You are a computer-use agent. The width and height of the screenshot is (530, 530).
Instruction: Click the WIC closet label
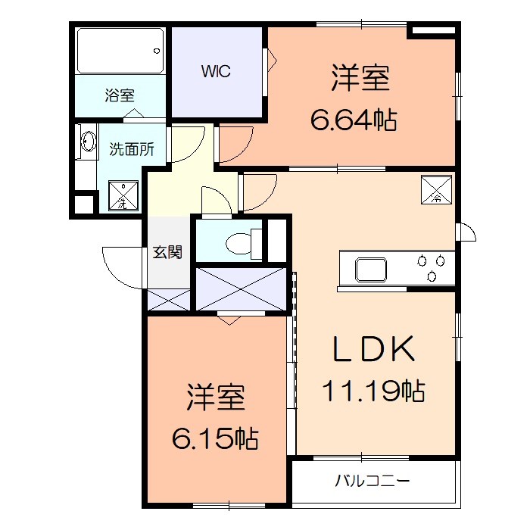point(215,72)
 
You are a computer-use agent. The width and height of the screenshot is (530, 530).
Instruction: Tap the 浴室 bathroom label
point(119,95)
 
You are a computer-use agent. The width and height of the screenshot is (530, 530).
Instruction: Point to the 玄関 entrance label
point(167,252)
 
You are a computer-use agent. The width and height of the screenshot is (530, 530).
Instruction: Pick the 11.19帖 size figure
point(373,391)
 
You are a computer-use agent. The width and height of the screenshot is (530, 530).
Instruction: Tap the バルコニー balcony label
point(373,480)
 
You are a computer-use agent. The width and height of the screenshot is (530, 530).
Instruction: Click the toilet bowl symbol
point(242,242)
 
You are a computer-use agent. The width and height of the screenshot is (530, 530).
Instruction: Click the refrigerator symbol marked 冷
point(437,190)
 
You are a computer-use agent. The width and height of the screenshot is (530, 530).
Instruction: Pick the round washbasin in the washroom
point(87,142)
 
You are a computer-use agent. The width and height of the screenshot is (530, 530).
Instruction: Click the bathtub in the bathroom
point(120,51)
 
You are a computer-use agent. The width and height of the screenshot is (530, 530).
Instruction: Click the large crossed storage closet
point(241,288)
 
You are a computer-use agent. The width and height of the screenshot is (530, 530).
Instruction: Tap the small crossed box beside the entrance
point(167,300)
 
